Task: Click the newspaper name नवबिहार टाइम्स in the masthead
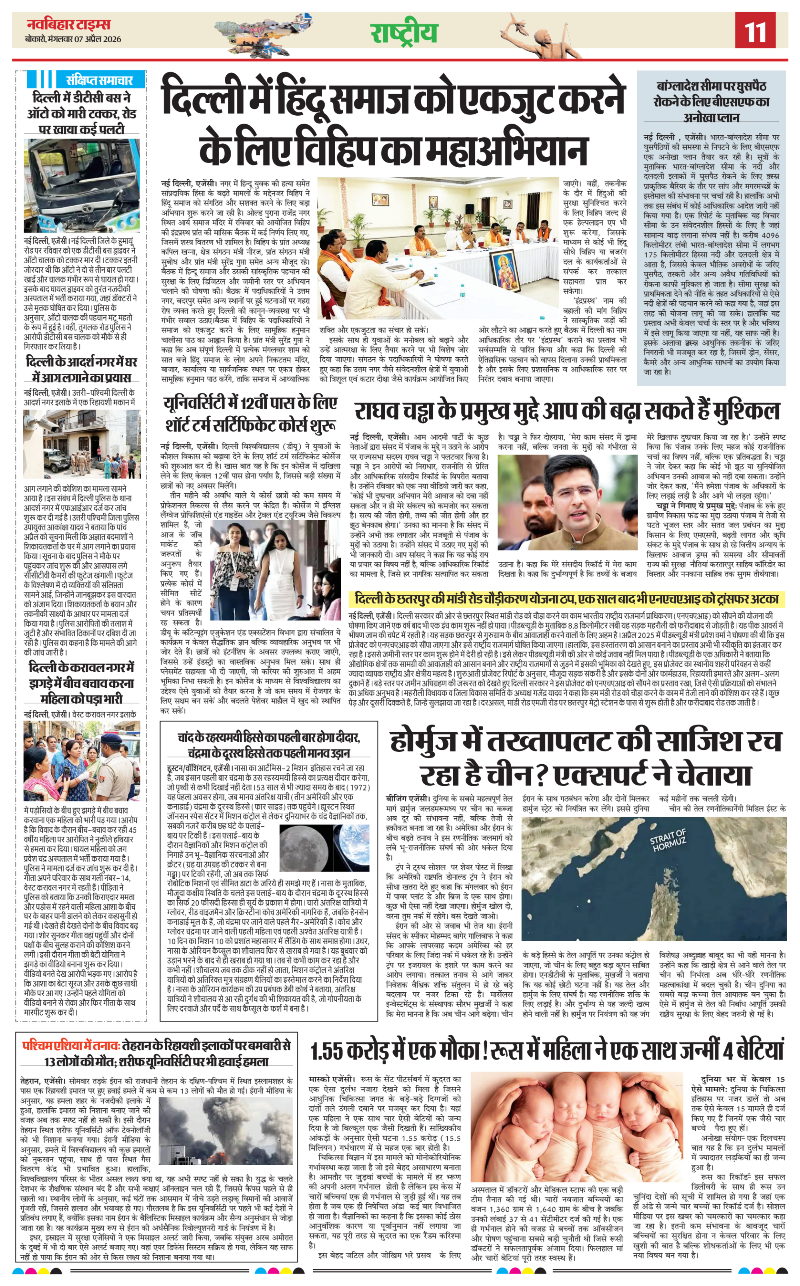coord(68,24)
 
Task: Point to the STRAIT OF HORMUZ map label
coord(668,840)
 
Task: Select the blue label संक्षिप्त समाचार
coord(99,80)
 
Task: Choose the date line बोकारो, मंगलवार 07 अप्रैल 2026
coord(73,39)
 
